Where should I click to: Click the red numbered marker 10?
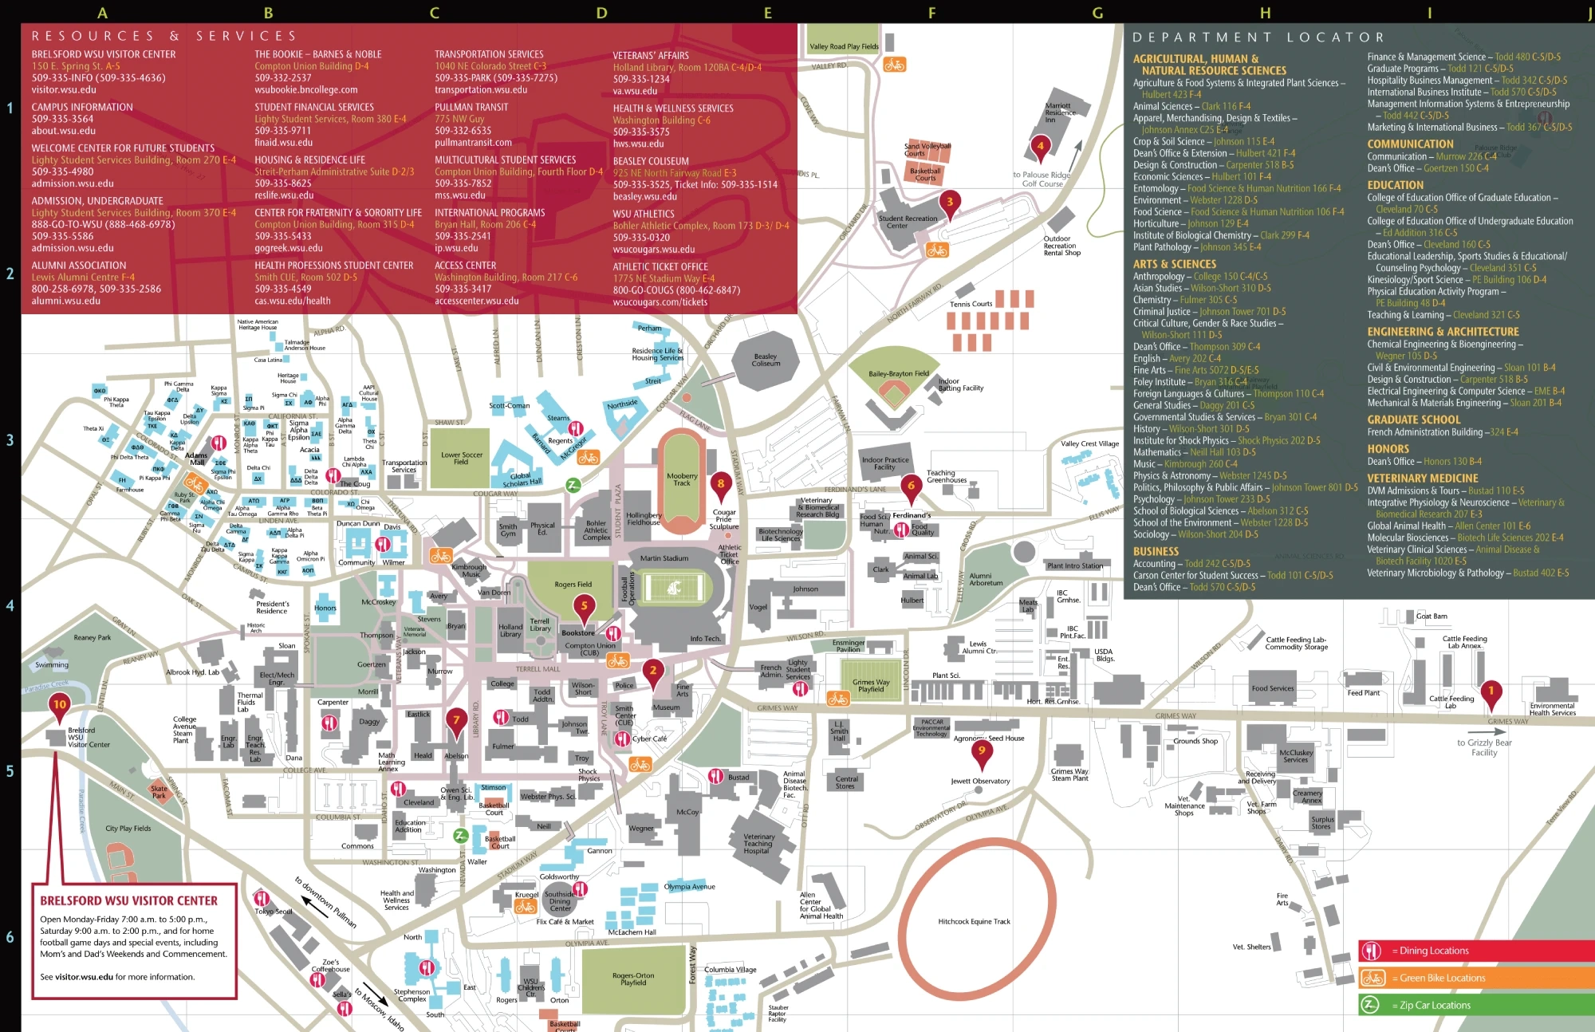[60, 704]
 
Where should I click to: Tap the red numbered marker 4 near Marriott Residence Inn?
[1039, 146]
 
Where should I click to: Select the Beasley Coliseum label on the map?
[766, 360]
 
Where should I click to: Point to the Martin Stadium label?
[664, 558]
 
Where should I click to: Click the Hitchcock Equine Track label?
[974, 921]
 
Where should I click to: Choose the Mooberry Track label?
[682, 479]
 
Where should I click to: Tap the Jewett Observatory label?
[980, 781]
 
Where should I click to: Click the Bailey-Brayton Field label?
[899, 373]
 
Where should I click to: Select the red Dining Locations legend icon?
[1372, 951]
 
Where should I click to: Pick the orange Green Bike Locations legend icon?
[1372, 978]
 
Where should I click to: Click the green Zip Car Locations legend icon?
[1370, 1005]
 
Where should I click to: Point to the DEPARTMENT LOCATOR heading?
[1258, 37]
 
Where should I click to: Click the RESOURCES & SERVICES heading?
[164, 36]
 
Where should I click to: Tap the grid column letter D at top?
[601, 13]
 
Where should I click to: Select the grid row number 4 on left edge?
[10, 605]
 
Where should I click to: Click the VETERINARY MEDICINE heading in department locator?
[1422, 479]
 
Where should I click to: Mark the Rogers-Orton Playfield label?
[633, 979]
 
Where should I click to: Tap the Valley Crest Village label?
[1089, 443]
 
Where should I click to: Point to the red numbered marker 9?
[982, 751]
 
